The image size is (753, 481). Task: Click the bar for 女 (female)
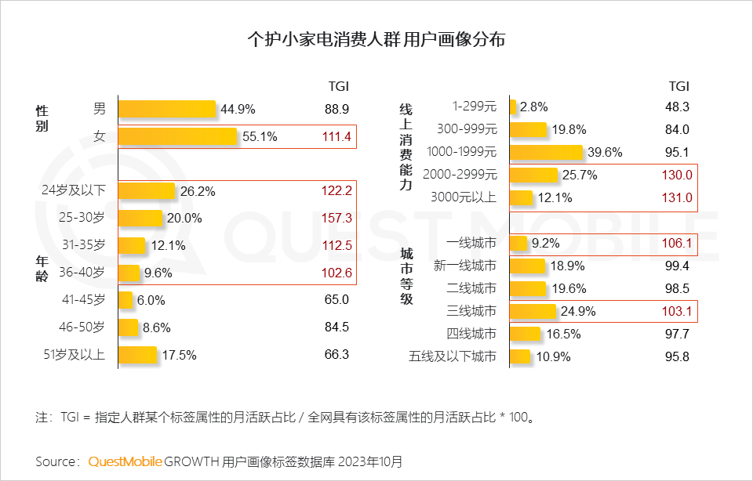177,136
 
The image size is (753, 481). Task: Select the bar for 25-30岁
140,218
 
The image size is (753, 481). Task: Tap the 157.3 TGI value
336,218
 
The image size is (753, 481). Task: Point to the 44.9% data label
238,109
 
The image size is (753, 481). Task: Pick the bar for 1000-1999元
546,152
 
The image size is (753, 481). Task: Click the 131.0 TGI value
677,198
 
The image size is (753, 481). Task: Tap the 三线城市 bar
533,312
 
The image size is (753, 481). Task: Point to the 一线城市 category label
471,244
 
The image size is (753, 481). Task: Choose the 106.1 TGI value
677,244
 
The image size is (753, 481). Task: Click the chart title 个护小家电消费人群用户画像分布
376,39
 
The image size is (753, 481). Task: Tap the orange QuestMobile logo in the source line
125,461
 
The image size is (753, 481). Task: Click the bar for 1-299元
512,107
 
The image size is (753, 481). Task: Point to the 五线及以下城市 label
453,357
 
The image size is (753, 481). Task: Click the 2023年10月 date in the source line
369,461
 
